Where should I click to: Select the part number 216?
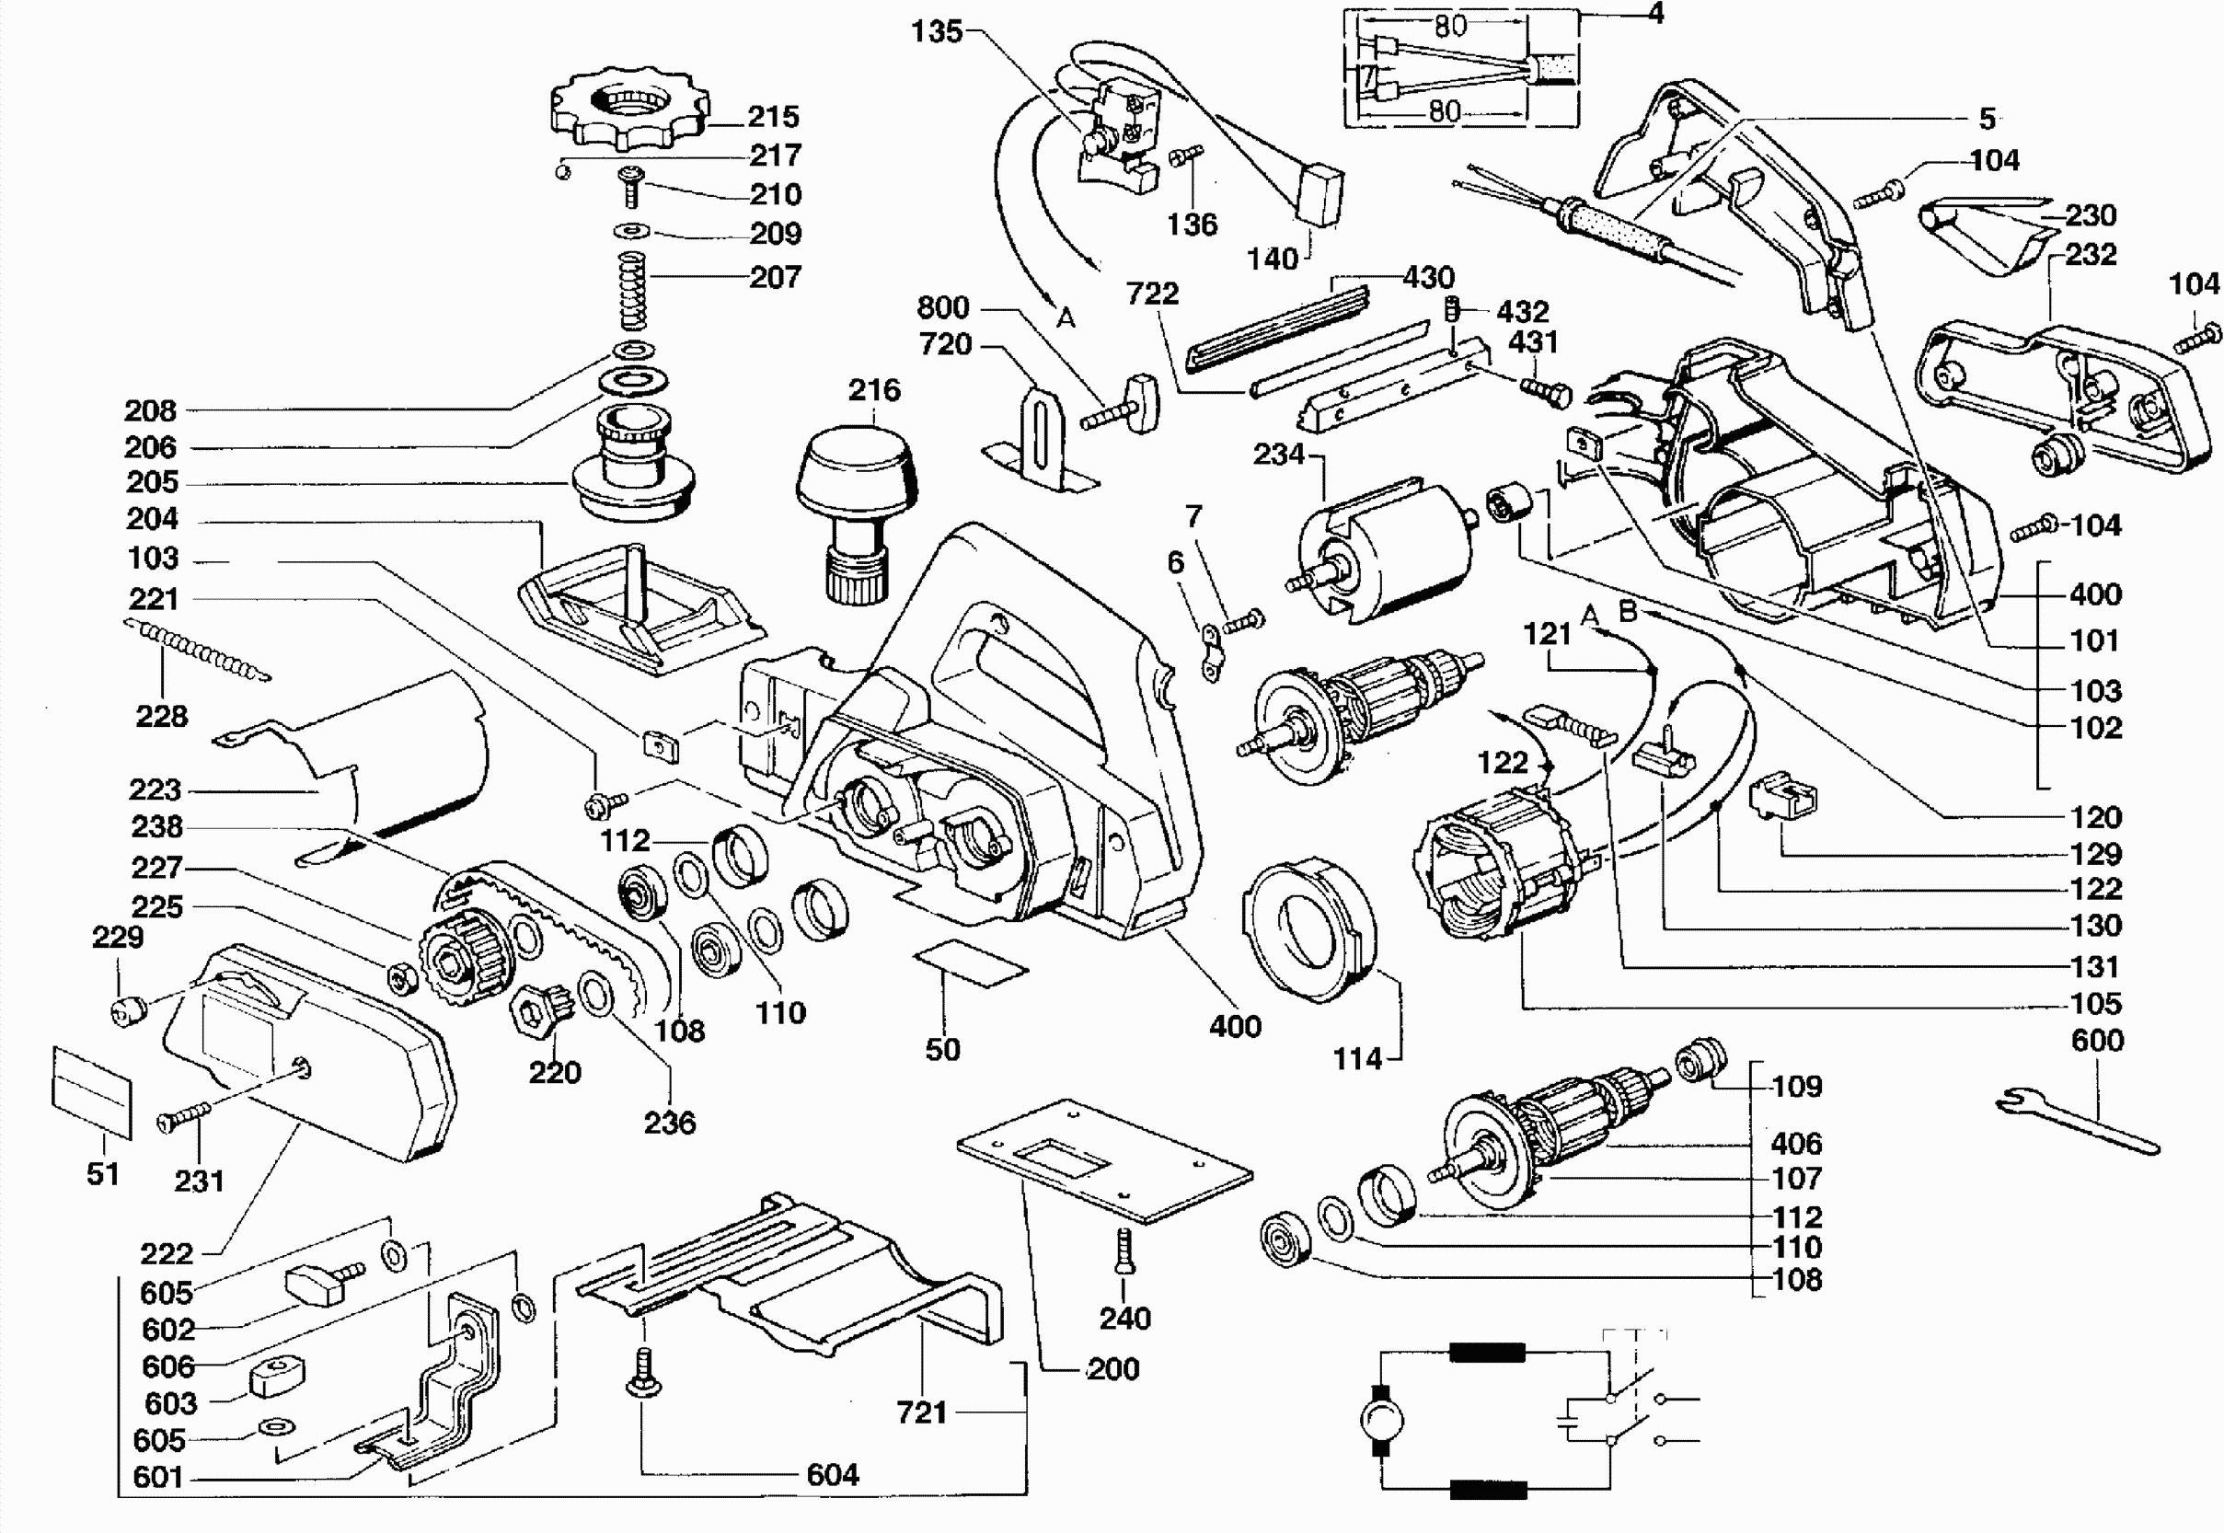874,390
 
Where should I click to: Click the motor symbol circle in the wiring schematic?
1383,1418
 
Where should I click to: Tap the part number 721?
921,1412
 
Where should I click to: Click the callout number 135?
937,31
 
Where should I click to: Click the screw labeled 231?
182,1115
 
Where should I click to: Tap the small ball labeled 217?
564,171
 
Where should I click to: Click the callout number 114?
1356,1058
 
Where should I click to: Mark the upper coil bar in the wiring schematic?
1487,1353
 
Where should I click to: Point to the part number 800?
942,307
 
